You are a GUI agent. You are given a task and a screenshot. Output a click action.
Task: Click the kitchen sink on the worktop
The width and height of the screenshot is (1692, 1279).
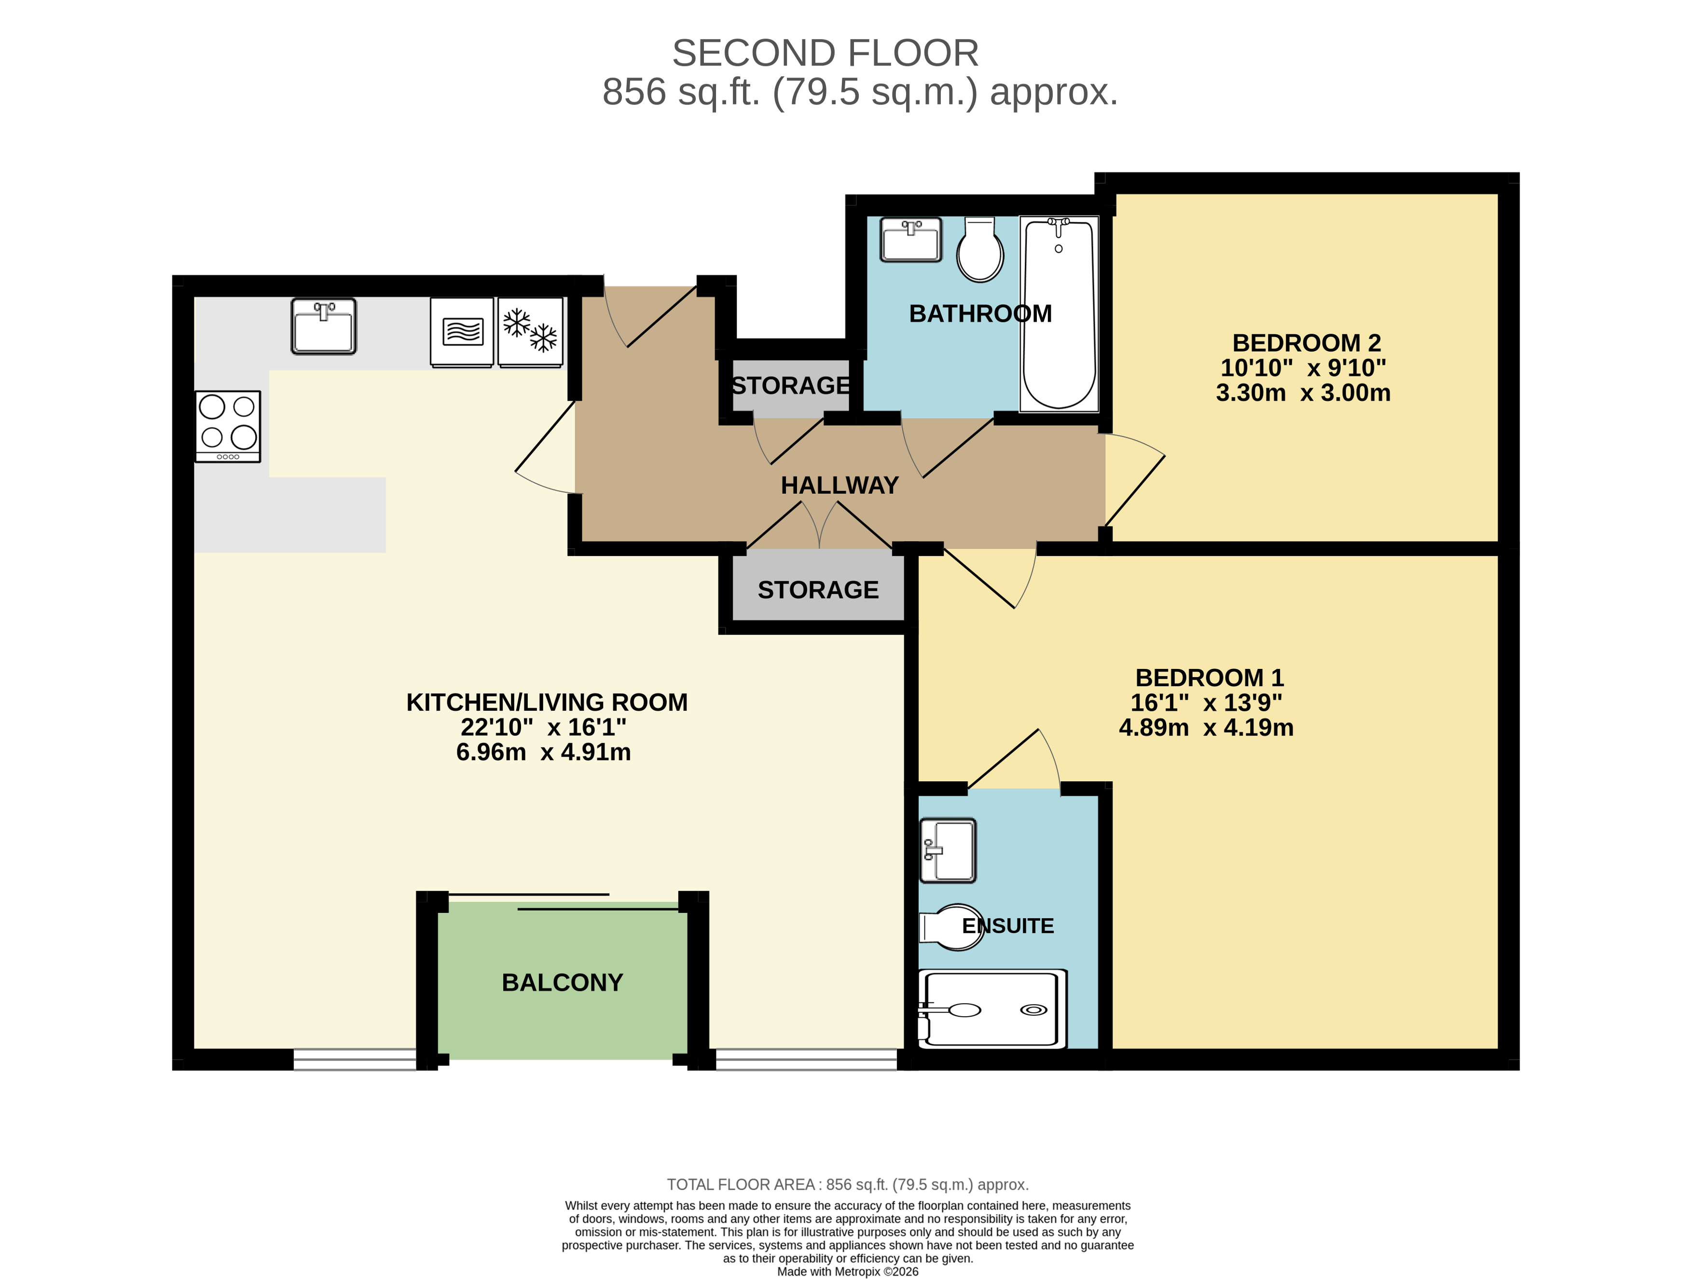coord(324,327)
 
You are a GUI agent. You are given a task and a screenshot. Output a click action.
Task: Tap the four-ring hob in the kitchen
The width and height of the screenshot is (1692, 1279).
coord(228,426)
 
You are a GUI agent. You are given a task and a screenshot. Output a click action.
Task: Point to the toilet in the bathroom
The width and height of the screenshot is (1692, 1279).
coord(980,250)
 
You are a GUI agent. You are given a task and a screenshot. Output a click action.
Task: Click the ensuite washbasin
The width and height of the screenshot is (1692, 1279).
coord(948,850)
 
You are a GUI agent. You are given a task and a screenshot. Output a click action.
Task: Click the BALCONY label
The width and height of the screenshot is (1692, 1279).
coord(562,982)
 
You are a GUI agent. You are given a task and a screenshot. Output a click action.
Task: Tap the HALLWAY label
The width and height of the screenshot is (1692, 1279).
coord(839,486)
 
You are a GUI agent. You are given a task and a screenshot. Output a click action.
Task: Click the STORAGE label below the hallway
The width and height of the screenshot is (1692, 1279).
coord(818,590)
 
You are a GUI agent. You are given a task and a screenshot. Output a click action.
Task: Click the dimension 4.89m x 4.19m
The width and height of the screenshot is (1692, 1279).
coord(1206,728)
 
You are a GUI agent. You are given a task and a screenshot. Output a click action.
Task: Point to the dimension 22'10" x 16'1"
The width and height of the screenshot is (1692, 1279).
coord(543,727)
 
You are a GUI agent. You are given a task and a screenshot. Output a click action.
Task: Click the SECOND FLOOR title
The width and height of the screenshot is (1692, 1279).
coord(825,54)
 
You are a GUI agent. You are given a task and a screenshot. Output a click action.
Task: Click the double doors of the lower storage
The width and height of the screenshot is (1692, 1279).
coord(819,526)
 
